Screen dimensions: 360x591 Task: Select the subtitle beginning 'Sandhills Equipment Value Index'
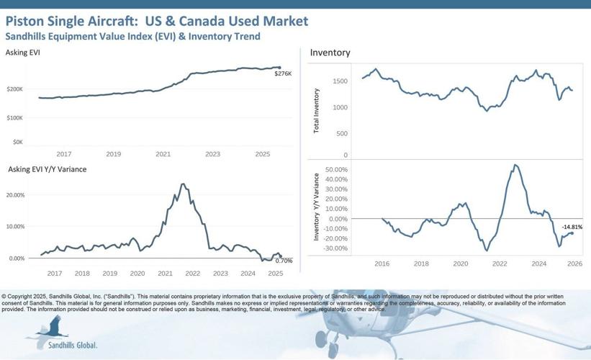132,36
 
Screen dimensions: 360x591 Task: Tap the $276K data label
283,74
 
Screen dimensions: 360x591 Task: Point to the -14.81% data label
572,228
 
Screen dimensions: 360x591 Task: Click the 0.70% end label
284,261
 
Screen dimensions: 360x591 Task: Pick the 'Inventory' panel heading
330,53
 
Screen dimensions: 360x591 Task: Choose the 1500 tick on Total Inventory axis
340,81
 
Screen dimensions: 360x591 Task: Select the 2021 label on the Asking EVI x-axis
163,154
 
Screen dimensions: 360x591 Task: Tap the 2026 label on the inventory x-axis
574,264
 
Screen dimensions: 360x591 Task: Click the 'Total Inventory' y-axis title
317,112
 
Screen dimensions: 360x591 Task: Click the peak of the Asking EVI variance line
184,184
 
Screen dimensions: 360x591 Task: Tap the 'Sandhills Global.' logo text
72,345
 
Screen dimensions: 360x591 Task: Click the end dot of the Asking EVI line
279,68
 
